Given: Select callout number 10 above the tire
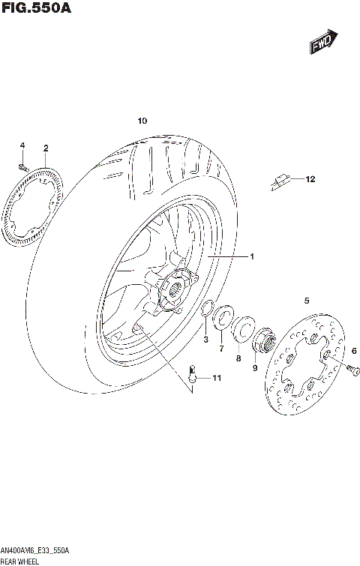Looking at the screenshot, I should tap(142, 121).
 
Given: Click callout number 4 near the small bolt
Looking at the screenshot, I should tap(22, 145).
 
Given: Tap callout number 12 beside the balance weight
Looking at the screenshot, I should tap(310, 179).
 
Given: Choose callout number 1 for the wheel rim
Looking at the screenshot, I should tap(252, 257).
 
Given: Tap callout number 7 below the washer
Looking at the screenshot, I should tap(221, 349).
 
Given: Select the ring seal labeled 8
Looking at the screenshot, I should tap(242, 329).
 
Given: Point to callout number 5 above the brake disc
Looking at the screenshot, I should tap(306, 301).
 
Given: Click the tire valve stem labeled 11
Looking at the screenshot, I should tap(192, 373).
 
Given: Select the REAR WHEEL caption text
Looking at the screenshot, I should tap(21, 561).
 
